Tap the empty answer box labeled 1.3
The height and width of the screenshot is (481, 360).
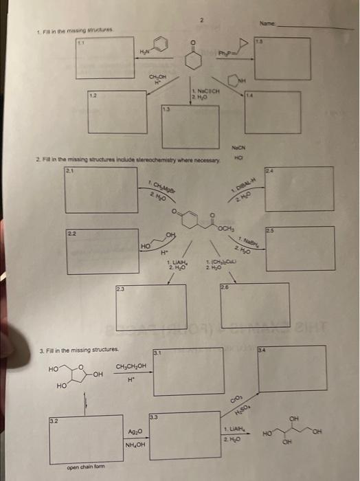pos(190,126)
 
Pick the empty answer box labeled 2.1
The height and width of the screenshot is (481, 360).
pos(101,190)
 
